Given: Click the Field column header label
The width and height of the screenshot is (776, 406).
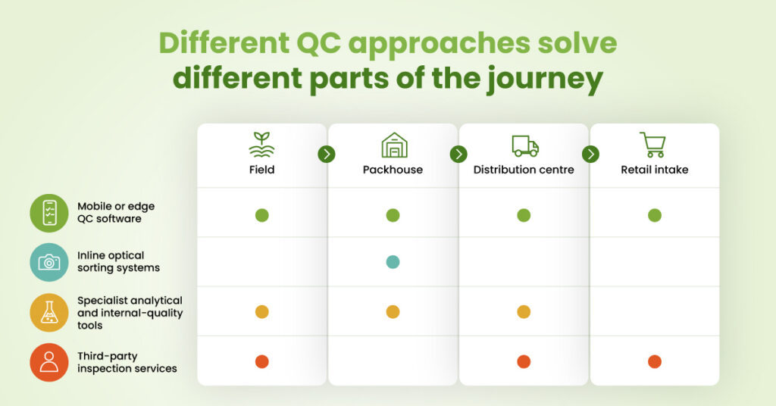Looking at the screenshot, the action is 261,170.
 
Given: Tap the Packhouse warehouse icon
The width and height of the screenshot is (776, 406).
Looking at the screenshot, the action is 394,145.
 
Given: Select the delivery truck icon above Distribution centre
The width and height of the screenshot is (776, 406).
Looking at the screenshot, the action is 525,146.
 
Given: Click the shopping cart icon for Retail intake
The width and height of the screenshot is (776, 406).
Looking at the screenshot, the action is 652,145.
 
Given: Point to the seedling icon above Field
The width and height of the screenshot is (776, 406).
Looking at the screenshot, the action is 261,145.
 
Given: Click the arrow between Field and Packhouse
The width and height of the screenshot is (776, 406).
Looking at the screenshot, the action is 327,155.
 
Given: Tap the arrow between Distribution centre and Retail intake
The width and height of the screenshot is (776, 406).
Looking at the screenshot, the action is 590,155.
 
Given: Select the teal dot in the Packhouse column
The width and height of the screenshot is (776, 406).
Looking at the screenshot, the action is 393,261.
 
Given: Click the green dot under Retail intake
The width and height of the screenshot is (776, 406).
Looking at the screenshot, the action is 655,215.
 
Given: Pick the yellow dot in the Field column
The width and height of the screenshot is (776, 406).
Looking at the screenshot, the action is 261,311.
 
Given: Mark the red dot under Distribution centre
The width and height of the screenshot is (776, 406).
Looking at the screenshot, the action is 524,361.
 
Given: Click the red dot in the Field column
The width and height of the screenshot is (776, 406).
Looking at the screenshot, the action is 261,361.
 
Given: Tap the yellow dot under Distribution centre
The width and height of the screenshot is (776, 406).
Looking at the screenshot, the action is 524,311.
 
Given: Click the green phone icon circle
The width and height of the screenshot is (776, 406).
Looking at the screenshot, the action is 49,213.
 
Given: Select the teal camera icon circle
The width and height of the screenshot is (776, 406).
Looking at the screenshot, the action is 49,262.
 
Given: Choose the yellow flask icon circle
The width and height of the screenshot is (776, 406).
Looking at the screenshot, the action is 49,313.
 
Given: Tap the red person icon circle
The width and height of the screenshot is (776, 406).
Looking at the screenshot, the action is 49,363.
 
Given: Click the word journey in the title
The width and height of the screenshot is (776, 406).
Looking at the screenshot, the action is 545,79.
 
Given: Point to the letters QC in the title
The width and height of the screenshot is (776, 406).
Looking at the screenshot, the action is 319,42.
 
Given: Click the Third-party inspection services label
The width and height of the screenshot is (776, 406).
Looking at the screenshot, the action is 127,362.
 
